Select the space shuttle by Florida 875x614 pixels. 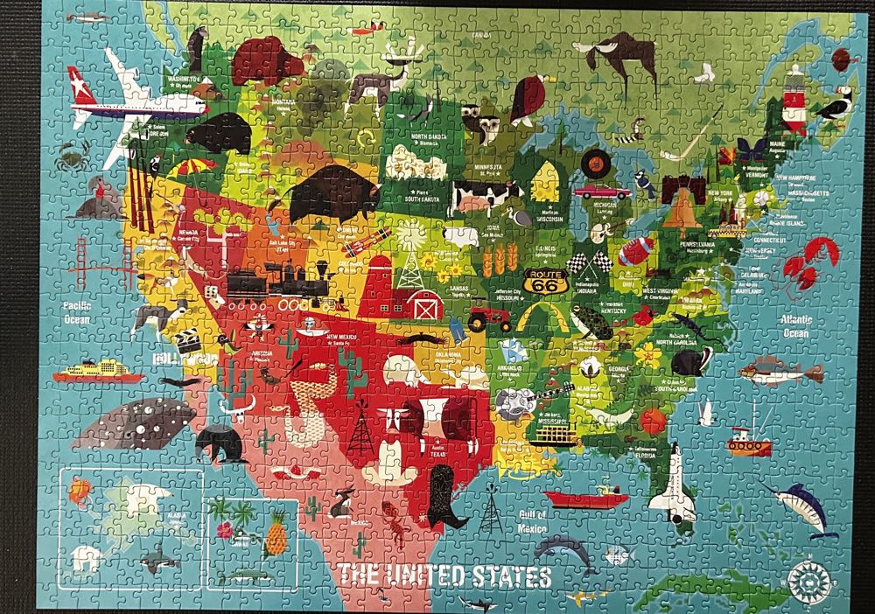click(x=678, y=483)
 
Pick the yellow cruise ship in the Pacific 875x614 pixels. click(x=96, y=371)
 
